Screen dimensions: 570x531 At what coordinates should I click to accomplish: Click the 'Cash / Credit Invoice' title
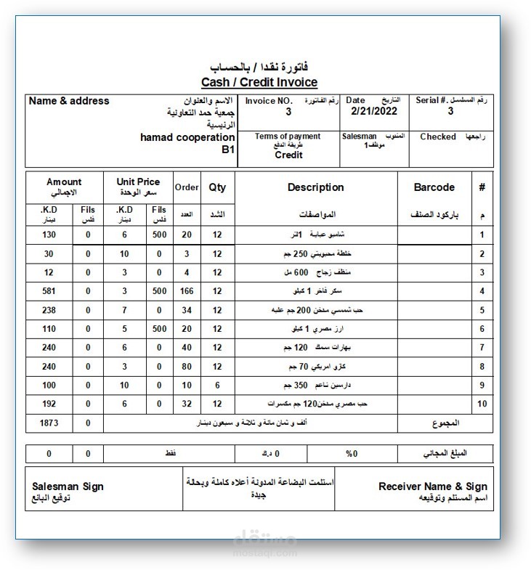click(x=259, y=82)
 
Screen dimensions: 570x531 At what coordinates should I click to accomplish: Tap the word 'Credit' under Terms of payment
click(x=288, y=155)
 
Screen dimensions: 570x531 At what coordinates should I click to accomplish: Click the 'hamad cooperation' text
click(x=187, y=137)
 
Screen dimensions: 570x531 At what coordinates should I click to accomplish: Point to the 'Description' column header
click(x=315, y=187)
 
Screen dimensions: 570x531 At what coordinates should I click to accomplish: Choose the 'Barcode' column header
click(x=434, y=187)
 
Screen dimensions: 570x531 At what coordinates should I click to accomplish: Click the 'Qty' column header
click(x=217, y=187)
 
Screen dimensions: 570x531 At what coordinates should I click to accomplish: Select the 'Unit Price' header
click(x=138, y=182)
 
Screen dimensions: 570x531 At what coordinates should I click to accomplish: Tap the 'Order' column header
click(x=187, y=187)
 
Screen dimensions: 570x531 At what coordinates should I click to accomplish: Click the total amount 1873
click(x=49, y=422)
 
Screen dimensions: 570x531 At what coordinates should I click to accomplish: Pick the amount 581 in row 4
click(x=49, y=291)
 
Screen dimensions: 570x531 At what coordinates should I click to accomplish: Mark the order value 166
click(x=187, y=291)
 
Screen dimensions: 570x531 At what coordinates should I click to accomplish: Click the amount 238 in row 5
click(x=49, y=310)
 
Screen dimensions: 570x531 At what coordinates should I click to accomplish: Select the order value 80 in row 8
click(x=187, y=366)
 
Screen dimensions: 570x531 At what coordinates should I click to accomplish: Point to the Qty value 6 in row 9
click(x=217, y=385)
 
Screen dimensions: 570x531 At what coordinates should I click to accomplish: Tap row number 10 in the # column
click(x=482, y=403)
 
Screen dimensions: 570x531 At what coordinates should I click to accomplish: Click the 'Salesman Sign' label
click(x=68, y=486)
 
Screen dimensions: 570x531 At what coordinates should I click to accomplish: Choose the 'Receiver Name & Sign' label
click(x=433, y=486)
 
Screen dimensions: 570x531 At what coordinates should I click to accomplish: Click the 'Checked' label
click(x=438, y=137)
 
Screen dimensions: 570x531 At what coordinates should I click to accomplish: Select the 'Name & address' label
click(x=69, y=101)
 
